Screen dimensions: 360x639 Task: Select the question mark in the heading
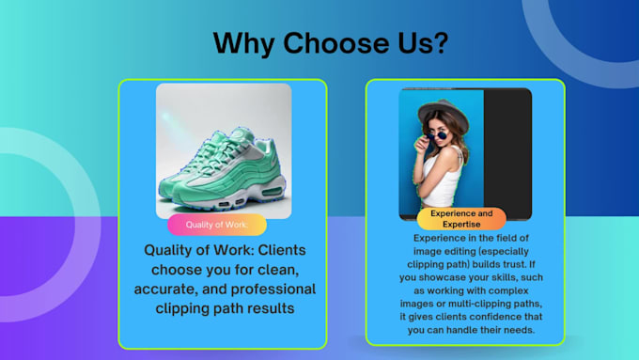click(440, 43)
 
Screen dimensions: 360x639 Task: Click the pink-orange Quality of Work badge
click(217, 225)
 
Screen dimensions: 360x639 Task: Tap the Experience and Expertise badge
click(461, 219)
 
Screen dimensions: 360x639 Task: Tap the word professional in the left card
click(265, 290)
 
